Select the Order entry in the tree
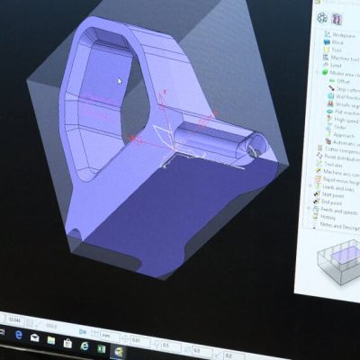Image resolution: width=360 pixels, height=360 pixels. pyautogui.click(x=340, y=127)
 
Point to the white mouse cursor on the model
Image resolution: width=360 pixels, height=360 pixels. pyautogui.click(x=119, y=80)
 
